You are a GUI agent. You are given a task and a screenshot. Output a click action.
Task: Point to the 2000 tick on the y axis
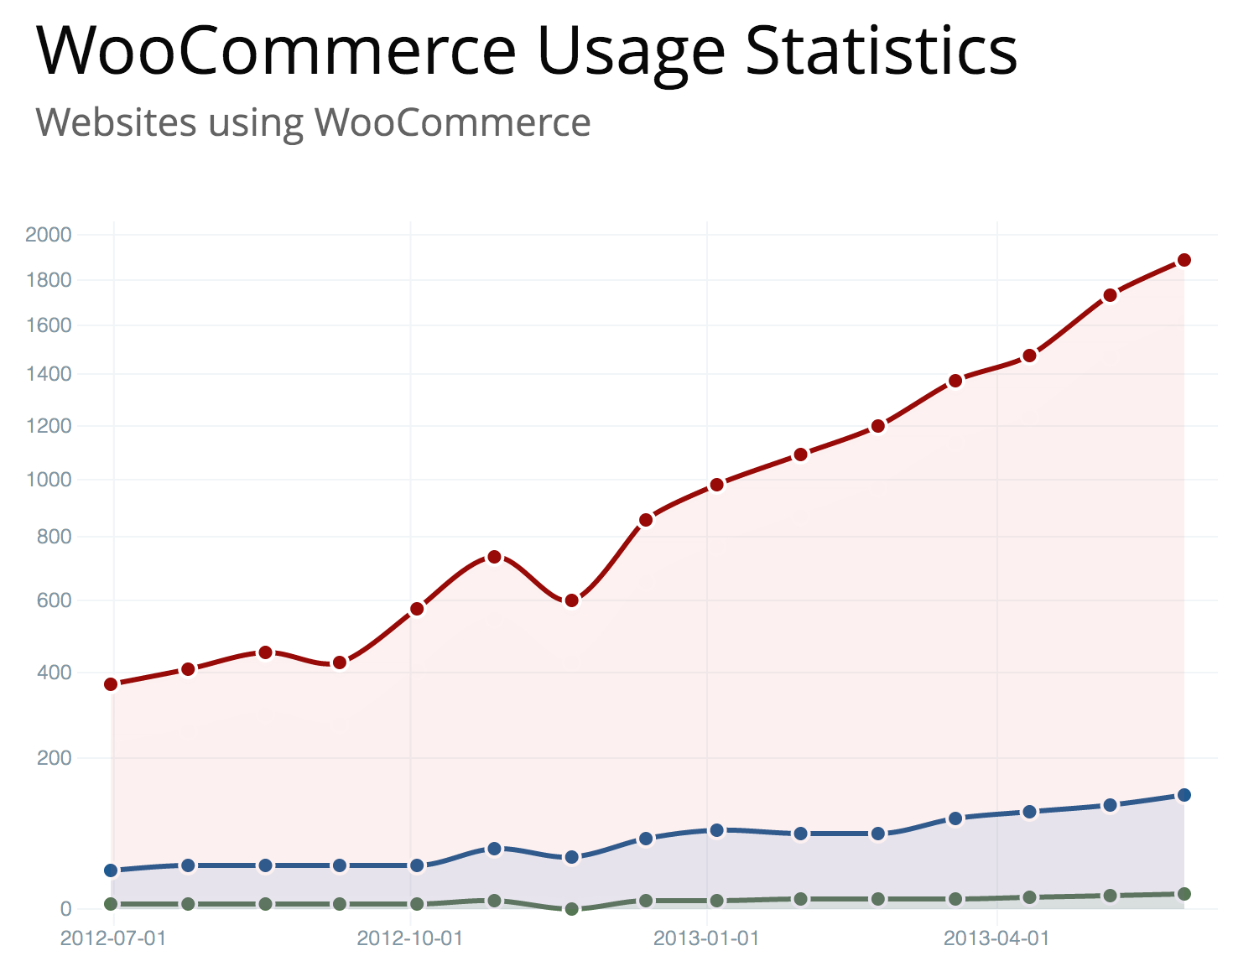click(49, 234)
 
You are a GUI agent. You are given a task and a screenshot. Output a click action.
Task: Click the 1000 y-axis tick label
click(49, 480)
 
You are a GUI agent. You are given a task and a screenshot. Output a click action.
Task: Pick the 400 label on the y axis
click(55, 672)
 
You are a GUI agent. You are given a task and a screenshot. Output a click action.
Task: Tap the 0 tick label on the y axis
click(65, 909)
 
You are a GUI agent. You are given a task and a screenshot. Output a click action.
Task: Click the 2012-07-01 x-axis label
click(113, 938)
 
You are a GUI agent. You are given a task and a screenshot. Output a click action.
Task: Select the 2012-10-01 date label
click(410, 938)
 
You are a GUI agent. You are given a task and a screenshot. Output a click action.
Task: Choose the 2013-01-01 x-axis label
click(706, 938)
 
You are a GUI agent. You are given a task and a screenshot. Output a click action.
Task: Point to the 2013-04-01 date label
click(996, 938)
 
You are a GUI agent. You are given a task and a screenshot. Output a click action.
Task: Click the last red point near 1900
click(1184, 260)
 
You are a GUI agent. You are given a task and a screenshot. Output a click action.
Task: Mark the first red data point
click(111, 684)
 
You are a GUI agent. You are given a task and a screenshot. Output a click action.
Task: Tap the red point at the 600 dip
click(571, 600)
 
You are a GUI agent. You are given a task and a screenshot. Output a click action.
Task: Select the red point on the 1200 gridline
click(877, 426)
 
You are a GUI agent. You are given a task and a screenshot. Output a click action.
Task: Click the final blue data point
click(1184, 795)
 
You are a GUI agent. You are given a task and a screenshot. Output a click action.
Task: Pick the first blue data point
click(111, 870)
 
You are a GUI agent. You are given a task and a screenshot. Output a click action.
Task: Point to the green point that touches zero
click(571, 909)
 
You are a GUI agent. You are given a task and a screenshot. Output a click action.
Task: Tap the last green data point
click(1184, 894)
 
